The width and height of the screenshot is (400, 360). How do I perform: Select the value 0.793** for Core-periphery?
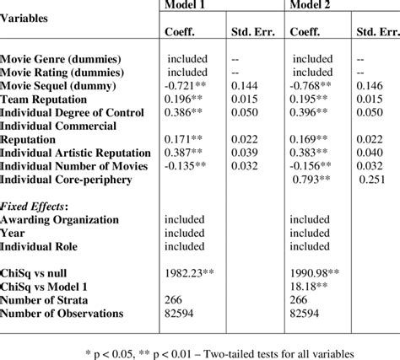(x=314, y=179)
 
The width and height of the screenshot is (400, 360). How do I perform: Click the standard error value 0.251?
(x=374, y=179)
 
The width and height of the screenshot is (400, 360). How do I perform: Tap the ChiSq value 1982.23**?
(x=192, y=274)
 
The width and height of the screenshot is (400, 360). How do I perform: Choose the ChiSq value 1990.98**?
(x=317, y=274)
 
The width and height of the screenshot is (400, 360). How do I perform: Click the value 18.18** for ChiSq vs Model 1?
(x=310, y=287)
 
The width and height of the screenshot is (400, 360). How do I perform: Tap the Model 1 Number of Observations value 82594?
(x=183, y=314)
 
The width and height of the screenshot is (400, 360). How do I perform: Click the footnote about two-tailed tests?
(x=200, y=348)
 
